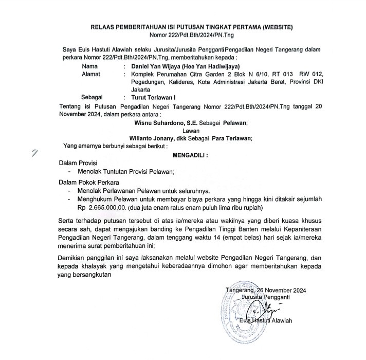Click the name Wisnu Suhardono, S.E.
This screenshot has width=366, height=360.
(168, 123)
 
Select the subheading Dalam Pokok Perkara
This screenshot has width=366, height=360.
(88, 182)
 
